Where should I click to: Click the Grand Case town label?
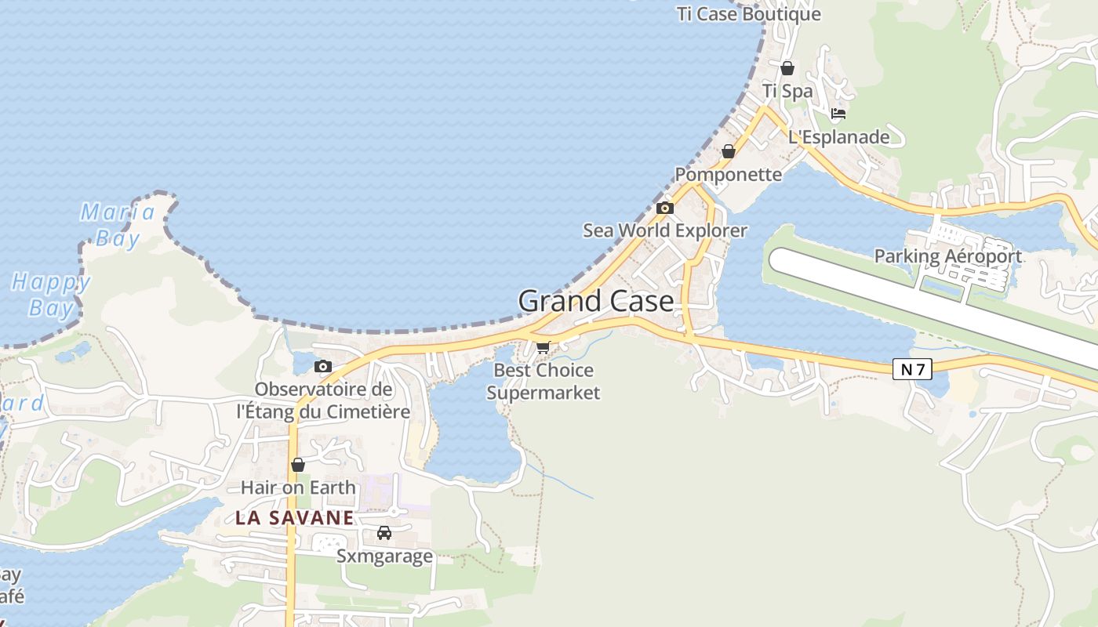coord(595,302)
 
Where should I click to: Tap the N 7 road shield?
coord(912,369)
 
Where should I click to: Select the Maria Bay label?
coord(118,225)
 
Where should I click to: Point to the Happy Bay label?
coord(51,295)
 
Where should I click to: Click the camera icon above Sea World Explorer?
coord(664,208)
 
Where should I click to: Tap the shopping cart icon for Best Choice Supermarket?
coord(543,347)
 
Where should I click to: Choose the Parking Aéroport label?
coord(947,256)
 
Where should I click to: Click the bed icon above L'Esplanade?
coord(838,114)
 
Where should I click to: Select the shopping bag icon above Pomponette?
coord(728,151)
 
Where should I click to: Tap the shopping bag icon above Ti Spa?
coord(787,68)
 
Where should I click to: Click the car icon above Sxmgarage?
coord(384,533)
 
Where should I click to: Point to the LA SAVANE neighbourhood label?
coord(295,518)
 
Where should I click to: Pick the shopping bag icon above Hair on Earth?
coord(297,465)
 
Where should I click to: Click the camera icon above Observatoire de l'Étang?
coord(322,366)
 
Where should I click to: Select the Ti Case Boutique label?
coord(748,14)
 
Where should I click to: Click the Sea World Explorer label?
coord(664,230)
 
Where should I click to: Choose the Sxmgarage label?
coord(384,556)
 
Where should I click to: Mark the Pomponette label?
coord(728,174)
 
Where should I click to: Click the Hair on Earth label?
coord(298,487)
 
